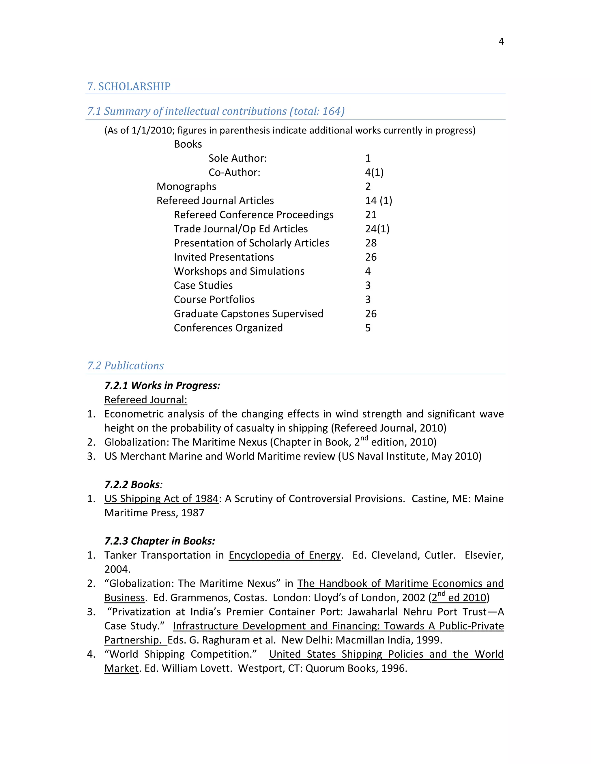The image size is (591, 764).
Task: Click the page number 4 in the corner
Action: [501, 42]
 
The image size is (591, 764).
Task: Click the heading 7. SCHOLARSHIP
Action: [129, 86]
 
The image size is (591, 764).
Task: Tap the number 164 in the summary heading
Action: [331, 111]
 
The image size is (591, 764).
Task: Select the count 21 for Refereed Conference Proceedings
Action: [371, 215]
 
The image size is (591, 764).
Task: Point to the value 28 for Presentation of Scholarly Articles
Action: [371, 243]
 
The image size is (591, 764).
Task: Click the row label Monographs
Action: [186, 187]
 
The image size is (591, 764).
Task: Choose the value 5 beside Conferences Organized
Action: [368, 328]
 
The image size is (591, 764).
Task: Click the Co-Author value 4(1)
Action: [374, 172]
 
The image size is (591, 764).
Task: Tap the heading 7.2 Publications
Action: [125, 366]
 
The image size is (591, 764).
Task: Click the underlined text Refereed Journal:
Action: [146, 400]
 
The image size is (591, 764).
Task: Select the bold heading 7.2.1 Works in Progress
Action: [162, 385]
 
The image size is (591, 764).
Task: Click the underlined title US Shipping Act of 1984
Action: [161, 498]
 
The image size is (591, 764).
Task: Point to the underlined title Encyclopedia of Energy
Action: [284, 555]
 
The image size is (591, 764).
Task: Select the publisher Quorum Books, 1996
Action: [356, 669]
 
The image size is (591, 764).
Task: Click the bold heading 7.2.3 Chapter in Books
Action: [160, 541]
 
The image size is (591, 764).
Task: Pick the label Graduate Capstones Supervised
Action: [248, 314]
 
